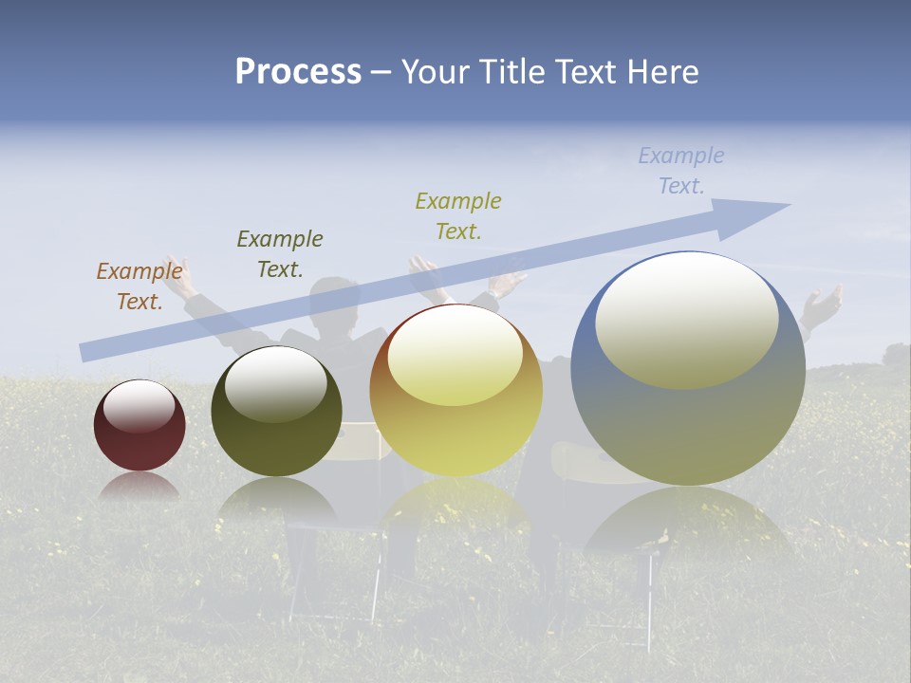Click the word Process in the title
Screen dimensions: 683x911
pos(298,72)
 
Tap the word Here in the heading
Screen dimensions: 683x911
pos(663,72)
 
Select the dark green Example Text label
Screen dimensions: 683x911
pos(280,254)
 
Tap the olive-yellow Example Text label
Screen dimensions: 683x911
pos(458,215)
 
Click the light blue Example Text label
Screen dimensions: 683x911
pos(681,171)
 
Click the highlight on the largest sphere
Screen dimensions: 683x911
pos(686,321)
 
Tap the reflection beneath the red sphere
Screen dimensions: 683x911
pos(139,486)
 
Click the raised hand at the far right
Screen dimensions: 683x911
pos(822,305)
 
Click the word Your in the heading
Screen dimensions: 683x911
pos(436,72)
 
